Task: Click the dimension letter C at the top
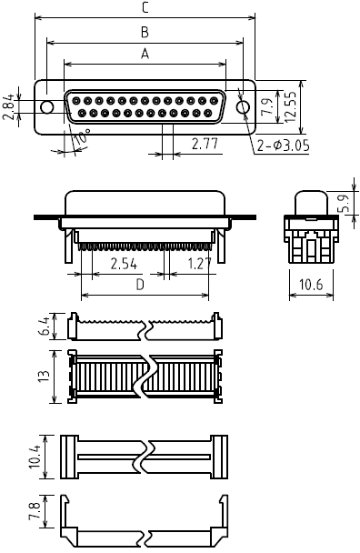tap(145, 8)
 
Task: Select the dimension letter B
tap(145, 32)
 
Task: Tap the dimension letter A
tap(145, 54)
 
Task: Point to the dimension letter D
tap(140, 285)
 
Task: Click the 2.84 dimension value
tap(9, 106)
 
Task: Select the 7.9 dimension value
tap(269, 106)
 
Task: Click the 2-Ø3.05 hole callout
tap(283, 146)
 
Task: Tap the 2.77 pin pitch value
tap(205, 144)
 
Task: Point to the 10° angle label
tap(81, 136)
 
